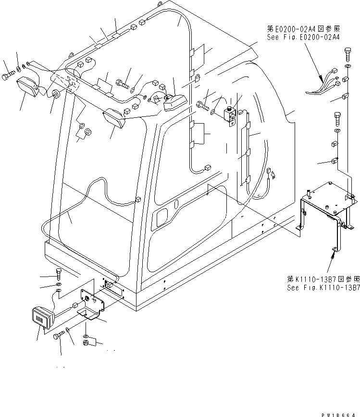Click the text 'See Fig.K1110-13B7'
click(323, 288)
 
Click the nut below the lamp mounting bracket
click(86, 343)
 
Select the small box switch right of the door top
click(229, 114)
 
